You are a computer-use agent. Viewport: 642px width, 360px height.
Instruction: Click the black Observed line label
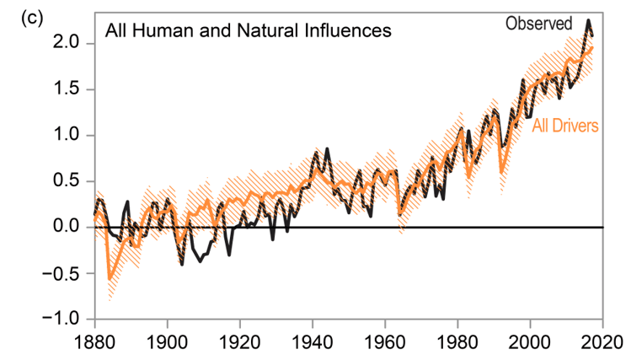[539, 23]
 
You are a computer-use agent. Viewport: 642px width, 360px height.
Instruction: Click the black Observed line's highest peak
[588, 20]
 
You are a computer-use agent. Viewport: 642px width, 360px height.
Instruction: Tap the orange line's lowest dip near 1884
[110, 277]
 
